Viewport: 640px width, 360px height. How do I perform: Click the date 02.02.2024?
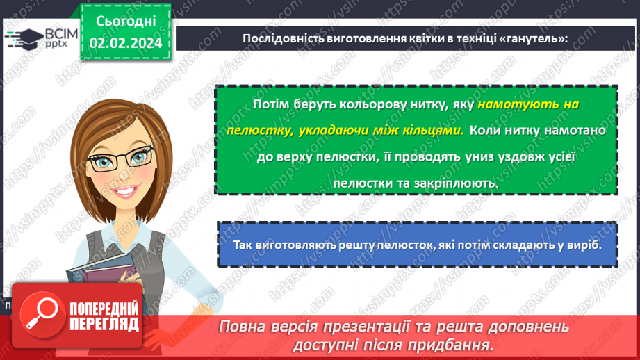[125, 42]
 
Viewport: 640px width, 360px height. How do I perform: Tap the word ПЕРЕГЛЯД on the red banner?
[104, 323]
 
